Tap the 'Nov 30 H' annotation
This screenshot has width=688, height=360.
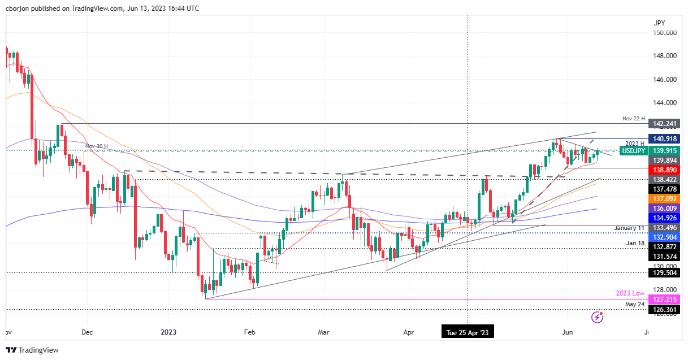(x=97, y=146)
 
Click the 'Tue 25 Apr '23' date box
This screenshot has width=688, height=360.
(x=468, y=332)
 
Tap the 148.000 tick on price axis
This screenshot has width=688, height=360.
(x=665, y=56)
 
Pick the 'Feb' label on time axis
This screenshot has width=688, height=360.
(x=249, y=332)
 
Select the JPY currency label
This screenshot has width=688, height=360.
(x=659, y=23)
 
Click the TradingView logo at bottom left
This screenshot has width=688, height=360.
(x=32, y=350)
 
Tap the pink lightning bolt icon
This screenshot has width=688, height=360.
(x=597, y=317)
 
